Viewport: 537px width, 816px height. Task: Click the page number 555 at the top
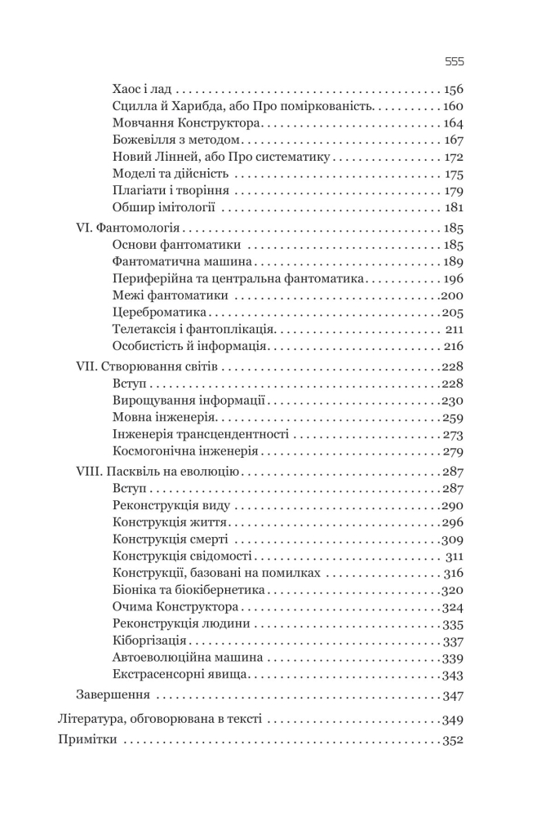click(454, 61)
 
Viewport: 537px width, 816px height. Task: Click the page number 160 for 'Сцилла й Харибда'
click(451, 106)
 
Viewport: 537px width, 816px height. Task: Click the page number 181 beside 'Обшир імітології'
click(454, 207)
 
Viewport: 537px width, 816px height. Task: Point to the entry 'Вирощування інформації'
click(187, 401)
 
